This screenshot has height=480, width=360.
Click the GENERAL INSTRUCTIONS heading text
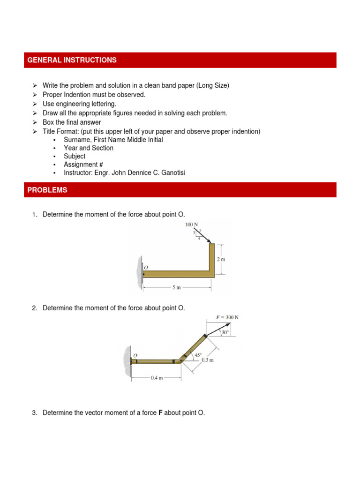(72, 60)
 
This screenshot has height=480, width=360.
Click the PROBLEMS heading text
(47, 190)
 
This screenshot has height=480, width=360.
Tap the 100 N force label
(192, 225)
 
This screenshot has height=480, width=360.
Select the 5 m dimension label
(176, 287)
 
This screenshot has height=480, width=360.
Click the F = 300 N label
(227, 317)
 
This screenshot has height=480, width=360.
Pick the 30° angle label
(225, 332)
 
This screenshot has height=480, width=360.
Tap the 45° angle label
(198, 355)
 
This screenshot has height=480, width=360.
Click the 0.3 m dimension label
(208, 360)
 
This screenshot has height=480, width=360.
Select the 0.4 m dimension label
(157, 378)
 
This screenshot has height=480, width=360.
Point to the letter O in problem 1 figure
(146, 267)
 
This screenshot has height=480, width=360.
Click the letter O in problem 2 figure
(135, 356)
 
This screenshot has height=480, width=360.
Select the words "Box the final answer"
(72, 122)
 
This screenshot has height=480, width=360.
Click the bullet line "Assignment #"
(83, 165)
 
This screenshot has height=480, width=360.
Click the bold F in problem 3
(160, 413)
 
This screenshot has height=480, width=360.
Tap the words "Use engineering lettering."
(79, 104)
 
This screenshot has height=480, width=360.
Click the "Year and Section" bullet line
(89, 148)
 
